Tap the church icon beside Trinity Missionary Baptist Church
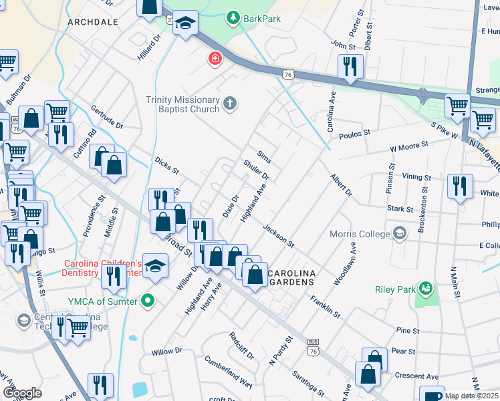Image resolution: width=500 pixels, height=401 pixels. (x=230, y=103)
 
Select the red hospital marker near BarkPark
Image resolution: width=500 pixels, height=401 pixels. (x=215, y=59)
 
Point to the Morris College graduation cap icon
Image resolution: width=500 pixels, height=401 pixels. (x=400, y=233)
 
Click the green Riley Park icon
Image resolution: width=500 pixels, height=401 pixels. (x=425, y=289)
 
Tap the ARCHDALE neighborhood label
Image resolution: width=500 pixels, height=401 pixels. (x=93, y=22)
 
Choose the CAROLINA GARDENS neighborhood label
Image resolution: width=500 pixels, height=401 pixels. (x=291, y=277)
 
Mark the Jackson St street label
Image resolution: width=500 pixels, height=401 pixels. (x=279, y=236)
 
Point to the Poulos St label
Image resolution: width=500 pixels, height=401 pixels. (x=354, y=134)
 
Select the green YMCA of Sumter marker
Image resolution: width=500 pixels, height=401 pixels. (x=149, y=301)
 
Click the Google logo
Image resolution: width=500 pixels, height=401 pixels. (x=22, y=393)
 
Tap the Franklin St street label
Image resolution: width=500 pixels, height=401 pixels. (x=325, y=305)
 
